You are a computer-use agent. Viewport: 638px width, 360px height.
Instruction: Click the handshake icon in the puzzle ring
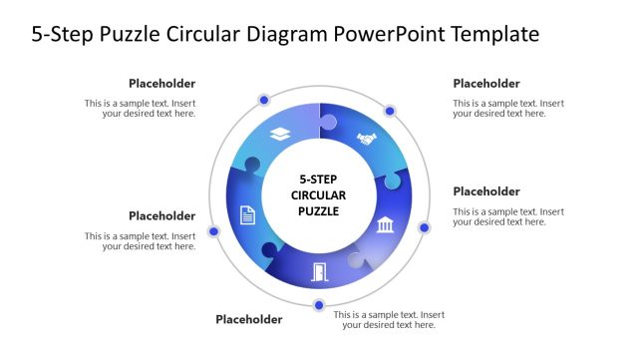click(x=367, y=139)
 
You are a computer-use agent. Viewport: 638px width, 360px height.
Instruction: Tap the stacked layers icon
click(x=280, y=135)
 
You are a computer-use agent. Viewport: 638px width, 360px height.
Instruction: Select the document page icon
click(x=247, y=214)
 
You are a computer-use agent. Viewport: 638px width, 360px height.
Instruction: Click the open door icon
click(x=319, y=270)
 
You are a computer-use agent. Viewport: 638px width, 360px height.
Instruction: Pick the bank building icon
click(x=385, y=226)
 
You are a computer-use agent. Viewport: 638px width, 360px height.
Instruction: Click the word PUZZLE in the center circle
click(x=319, y=211)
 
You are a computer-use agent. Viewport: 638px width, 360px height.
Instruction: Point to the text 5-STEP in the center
click(x=319, y=180)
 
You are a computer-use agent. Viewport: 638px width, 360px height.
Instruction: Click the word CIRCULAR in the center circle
click(x=319, y=195)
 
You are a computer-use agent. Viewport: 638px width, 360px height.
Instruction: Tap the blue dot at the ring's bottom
click(x=319, y=305)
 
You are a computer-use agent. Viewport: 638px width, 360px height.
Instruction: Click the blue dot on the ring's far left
click(x=213, y=231)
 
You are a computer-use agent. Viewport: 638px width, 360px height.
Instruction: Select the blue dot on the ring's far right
click(x=424, y=227)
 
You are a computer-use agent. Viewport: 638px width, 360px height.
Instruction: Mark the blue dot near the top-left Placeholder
click(x=264, y=100)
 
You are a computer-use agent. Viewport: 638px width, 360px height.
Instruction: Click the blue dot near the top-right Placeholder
click(x=390, y=111)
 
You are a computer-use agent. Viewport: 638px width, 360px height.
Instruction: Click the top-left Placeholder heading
click(x=161, y=84)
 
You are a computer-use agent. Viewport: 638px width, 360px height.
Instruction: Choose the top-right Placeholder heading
click(x=486, y=84)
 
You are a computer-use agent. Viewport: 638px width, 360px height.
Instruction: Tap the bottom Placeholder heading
click(x=249, y=320)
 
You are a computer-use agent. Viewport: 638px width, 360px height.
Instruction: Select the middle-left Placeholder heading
click(x=161, y=215)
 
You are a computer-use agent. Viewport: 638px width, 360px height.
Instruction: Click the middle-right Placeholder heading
click(x=486, y=191)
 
